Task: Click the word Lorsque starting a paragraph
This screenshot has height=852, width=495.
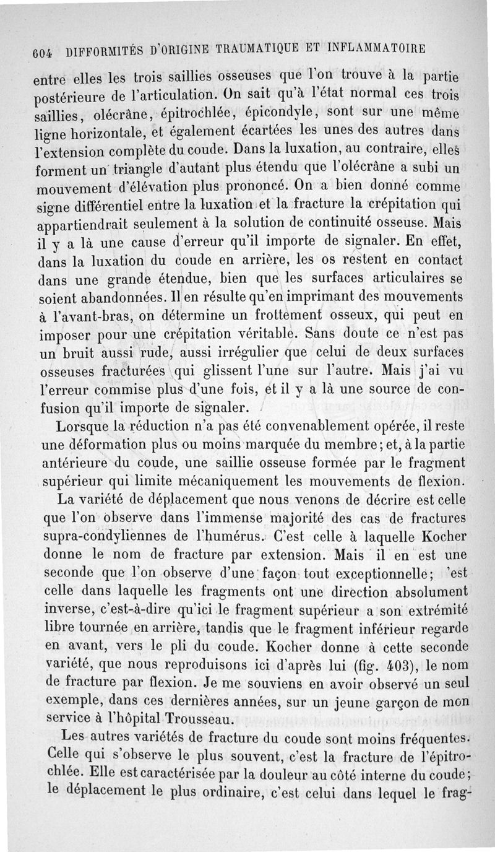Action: pos(82,427)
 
